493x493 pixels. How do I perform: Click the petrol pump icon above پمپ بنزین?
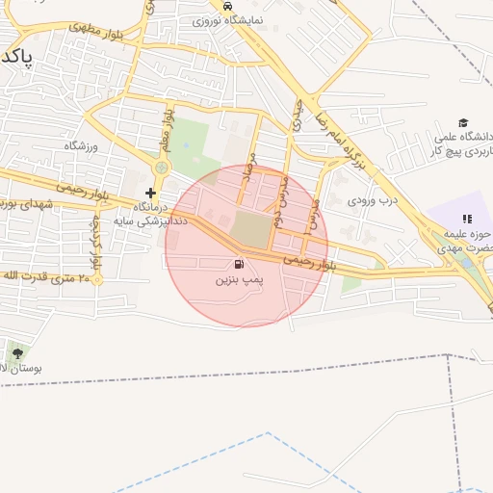238,264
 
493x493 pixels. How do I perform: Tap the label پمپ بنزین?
237,279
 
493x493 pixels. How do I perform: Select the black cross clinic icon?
150,193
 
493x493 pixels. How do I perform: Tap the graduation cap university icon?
463,122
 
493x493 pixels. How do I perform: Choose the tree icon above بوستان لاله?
15,353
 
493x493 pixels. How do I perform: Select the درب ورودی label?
374,201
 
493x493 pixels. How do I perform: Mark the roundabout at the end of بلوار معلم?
161,169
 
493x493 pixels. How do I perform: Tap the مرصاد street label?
252,179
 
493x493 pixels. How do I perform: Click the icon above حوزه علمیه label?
467,220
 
